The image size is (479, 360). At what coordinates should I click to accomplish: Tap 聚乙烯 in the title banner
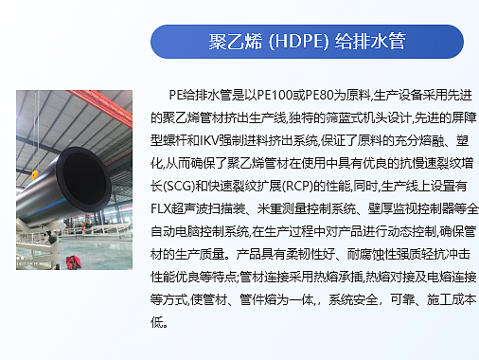coord(233,43)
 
